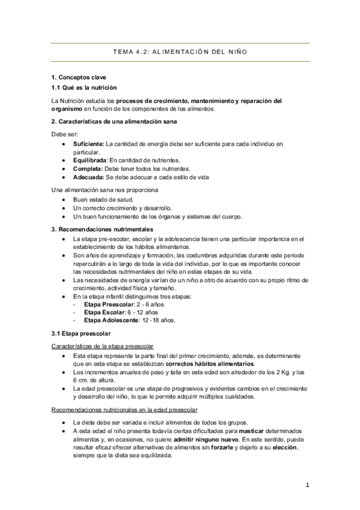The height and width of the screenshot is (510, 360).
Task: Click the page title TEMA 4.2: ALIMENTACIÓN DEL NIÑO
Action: (180, 52)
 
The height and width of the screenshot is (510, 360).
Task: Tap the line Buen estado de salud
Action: (103, 199)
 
